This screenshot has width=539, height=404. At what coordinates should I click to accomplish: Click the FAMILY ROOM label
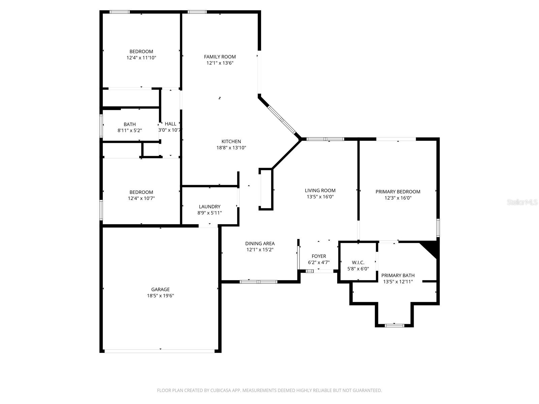(x=220, y=57)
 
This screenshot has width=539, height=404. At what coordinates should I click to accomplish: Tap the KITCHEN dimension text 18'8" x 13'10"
(x=231, y=147)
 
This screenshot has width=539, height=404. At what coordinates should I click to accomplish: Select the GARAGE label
(x=160, y=289)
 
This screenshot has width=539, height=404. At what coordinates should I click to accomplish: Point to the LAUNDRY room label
(x=210, y=206)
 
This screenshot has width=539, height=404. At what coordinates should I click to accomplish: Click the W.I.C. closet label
(x=358, y=262)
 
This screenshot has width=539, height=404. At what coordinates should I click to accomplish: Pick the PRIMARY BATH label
(x=398, y=275)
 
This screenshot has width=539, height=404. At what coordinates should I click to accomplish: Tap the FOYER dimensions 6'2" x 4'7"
(x=319, y=262)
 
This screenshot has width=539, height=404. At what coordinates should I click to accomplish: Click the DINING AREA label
(x=260, y=243)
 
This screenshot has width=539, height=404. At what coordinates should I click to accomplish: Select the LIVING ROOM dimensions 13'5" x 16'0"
(x=320, y=197)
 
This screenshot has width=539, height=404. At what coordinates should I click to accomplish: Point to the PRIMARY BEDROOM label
(x=398, y=192)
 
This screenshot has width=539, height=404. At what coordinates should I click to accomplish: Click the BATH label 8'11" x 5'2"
(x=130, y=124)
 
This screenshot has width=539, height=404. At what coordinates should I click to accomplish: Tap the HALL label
(x=170, y=124)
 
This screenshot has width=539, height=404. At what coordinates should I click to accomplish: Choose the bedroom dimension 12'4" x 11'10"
(x=141, y=58)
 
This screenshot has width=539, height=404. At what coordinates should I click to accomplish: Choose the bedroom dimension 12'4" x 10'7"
(x=141, y=198)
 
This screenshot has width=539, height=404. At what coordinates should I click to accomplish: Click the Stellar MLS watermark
(x=522, y=202)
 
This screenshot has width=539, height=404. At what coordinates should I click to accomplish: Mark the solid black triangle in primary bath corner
(x=432, y=248)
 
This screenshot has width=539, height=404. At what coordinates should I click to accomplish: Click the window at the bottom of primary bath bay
(x=394, y=325)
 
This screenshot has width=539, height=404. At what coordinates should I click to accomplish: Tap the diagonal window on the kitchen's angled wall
(x=282, y=120)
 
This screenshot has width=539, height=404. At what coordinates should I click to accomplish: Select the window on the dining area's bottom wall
(x=258, y=281)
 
